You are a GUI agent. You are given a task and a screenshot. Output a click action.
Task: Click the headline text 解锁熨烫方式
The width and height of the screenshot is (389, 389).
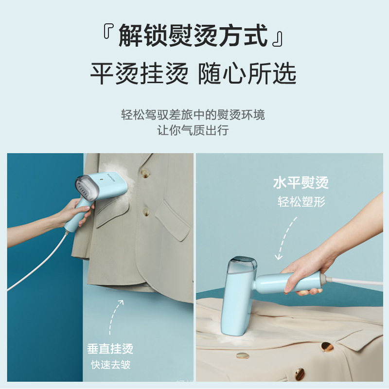tap(193, 36)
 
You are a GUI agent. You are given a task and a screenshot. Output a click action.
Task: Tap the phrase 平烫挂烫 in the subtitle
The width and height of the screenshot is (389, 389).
tap(139, 74)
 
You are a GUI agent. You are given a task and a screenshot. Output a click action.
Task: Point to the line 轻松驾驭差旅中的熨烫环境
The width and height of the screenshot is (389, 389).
tap(193, 115)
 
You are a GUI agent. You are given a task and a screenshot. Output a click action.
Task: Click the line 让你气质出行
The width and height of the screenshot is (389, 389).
tap(193, 130)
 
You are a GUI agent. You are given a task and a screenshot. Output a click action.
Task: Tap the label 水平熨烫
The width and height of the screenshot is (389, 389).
tap(301, 183)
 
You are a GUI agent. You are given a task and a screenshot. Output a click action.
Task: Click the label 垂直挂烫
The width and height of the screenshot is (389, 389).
tap(110, 349)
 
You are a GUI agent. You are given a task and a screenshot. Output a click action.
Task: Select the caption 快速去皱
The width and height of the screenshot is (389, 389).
tap(110, 365)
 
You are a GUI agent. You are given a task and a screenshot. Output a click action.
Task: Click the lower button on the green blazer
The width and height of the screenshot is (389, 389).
tap(145, 212)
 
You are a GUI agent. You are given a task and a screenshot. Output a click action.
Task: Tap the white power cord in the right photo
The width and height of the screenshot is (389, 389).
tap(357, 282)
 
